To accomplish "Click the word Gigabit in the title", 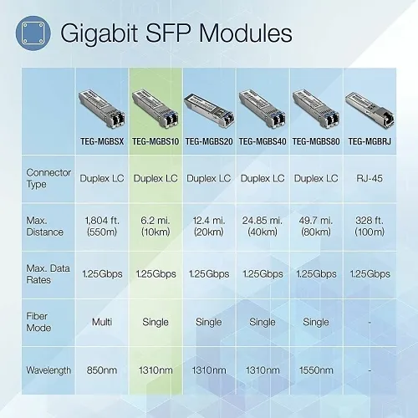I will (x=100, y=33).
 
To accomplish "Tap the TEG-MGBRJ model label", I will (x=370, y=141).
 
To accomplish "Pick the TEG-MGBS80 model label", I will (x=316, y=141).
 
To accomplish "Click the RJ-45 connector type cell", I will (x=370, y=179).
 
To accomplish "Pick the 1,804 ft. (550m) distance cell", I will (x=102, y=226).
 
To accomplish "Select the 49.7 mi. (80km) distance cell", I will (x=316, y=226).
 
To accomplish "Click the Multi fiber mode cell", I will (x=102, y=321).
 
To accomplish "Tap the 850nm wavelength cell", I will (x=102, y=368).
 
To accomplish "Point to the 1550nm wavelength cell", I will (x=316, y=368).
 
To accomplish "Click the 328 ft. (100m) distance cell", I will (x=370, y=226).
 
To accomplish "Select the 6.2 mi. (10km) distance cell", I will (x=155, y=226).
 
